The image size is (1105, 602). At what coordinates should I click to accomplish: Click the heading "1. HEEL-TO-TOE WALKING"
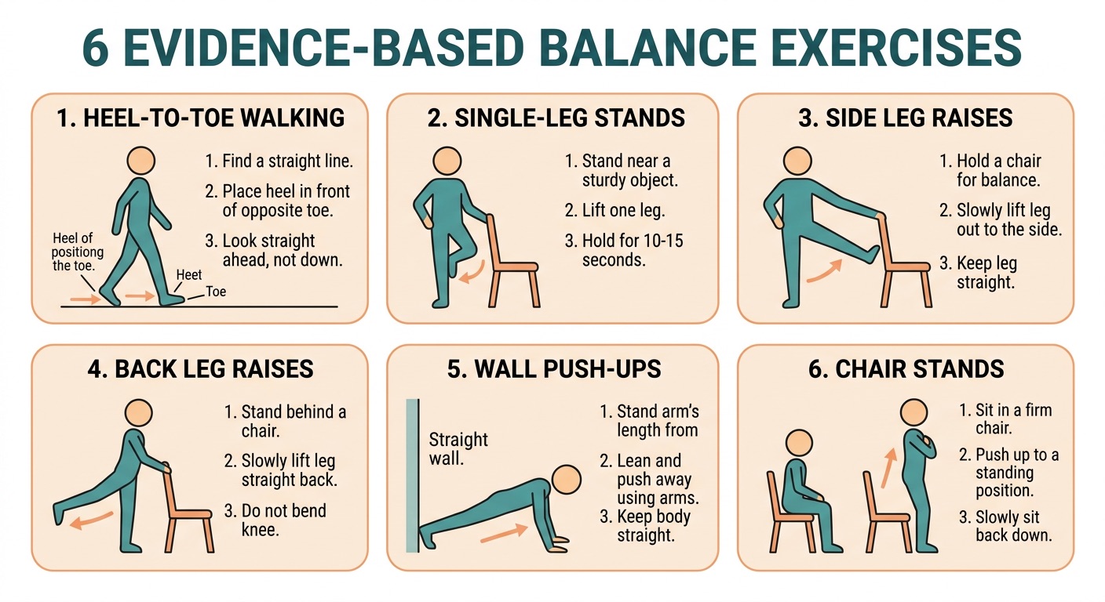pos(200,118)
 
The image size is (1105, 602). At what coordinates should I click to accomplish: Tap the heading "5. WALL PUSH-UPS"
pos(554,369)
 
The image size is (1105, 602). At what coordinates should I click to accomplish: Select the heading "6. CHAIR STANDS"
pos(906,369)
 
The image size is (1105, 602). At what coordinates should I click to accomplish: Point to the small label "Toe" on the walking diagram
pos(215,292)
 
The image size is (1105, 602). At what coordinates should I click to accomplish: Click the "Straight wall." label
pos(458,448)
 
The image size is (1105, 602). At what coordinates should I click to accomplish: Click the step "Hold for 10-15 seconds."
pos(625,249)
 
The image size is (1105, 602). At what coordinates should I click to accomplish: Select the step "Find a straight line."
pos(279,162)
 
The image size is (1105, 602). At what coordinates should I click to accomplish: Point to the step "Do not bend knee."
pos(275,520)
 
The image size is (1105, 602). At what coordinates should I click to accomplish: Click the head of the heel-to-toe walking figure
pos(141,161)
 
